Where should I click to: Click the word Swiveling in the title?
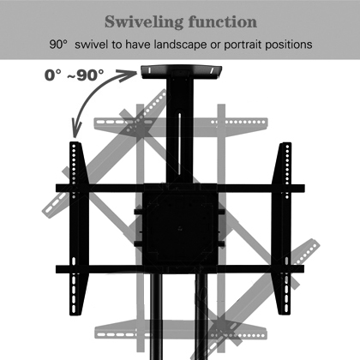pos(143,22)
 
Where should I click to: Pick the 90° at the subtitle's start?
pos(58,45)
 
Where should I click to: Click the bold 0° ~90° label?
pos(75,75)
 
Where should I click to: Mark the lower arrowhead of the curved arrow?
pos(76,129)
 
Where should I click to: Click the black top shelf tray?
pos(182,72)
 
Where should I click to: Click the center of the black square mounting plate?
pos(180,228)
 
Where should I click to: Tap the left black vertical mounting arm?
pos(79,229)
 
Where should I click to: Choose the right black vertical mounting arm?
pos(282,229)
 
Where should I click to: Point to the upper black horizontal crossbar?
pos(180,188)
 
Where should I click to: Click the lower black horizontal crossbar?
pos(180,269)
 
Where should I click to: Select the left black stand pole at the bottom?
pos(156,316)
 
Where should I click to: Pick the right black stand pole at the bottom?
pos(201,316)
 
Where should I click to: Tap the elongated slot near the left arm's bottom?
pos(75,262)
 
